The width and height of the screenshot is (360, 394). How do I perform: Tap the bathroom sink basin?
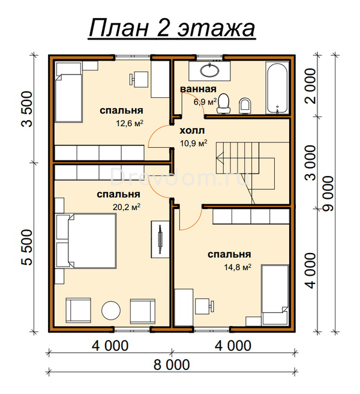[x=209, y=70]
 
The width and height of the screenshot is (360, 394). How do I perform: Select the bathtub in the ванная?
[x=277, y=88]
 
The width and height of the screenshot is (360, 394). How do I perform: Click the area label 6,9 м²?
[x=205, y=102]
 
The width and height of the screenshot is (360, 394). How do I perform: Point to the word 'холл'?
[x=193, y=131]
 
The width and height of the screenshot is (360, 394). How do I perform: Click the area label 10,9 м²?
[x=194, y=143]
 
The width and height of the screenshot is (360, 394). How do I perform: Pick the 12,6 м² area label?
[x=130, y=123]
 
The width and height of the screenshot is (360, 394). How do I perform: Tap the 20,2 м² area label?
[x=127, y=207]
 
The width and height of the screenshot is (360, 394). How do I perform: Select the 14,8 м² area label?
[x=238, y=267]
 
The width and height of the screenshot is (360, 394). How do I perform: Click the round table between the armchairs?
[x=111, y=311]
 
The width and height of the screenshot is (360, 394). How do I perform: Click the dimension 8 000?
[x=172, y=365]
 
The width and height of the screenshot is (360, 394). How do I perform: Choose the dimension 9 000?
[x=328, y=193]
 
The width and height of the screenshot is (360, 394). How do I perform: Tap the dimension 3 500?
[x=27, y=109]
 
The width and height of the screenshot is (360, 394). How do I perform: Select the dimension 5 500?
[x=27, y=247]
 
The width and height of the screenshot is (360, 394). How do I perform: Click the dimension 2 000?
[x=310, y=86]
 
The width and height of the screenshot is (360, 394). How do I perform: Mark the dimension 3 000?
[x=310, y=162]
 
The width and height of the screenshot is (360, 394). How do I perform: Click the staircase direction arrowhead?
[x=219, y=159]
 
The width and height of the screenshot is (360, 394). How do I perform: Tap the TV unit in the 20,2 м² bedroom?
[x=160, y=239]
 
